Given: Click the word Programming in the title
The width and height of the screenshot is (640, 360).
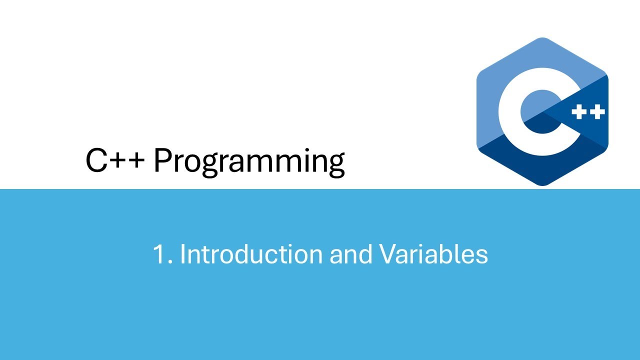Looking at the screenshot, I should [x=248, y=161].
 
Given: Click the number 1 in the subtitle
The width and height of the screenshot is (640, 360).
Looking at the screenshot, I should [x=159, y=254].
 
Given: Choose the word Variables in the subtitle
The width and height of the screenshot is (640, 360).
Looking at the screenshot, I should [x=433, y=254].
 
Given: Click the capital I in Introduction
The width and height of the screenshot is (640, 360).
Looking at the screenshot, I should [x=182, y=254].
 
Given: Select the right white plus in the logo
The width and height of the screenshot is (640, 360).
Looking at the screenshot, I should [x=597, y=112].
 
